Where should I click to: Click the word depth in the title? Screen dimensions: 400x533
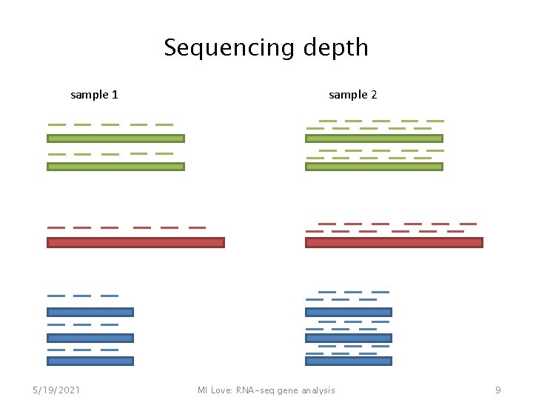[336, 48]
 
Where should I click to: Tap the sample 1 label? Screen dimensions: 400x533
[94, 95]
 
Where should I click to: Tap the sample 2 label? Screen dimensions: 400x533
[352, 95]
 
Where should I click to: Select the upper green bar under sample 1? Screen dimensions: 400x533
[115, 139]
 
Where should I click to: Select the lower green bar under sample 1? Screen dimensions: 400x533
[115, 167]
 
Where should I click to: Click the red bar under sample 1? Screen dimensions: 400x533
[135, 242]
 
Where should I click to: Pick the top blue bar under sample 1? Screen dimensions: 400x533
[90, 312]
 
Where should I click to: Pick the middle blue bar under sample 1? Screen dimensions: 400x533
[90, 338]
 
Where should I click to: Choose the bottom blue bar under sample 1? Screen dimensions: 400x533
[90, 361]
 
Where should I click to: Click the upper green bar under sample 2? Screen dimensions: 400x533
[374, 139]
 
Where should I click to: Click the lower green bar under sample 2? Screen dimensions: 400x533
[374, 167]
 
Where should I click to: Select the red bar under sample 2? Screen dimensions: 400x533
[394, 242]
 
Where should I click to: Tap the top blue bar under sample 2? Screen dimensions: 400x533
[349, 312]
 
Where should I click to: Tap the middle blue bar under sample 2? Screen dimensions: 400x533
[349, 338]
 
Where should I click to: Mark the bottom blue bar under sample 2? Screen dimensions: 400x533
[349, 361]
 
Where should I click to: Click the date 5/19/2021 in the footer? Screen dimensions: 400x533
[57, 390]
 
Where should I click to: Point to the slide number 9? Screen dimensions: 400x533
[498, 390]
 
